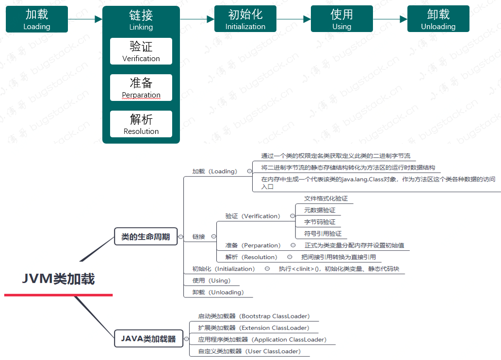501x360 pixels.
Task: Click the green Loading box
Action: coord(37,19)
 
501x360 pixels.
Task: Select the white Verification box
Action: coord(141,51)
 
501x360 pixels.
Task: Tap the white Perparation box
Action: coord(141,88)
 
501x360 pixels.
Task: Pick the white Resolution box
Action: coord(141,124)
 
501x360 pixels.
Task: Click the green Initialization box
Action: coord(245,19)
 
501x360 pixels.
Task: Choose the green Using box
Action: coord(342,19)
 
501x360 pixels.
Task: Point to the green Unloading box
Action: coord(438,19)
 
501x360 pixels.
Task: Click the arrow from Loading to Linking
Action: coord(85,19)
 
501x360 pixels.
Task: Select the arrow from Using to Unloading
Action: coord(390,19)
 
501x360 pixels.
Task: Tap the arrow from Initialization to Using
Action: coord(293,19)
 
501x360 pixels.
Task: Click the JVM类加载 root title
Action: coord(59,279)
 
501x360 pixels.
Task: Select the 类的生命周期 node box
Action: coord(145,237)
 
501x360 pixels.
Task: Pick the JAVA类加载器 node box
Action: coord(148,339)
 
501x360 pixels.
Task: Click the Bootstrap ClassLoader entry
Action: coord(254,316)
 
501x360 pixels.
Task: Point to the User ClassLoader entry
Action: coord(250,351)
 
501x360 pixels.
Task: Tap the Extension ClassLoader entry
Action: coord(254,328)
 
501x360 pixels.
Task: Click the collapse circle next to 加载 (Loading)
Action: coord(250,171)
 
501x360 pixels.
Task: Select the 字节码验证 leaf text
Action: coord(320,222)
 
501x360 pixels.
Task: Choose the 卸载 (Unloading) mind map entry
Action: coord(218,292)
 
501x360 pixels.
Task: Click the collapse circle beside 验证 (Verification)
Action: coord(292,216)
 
